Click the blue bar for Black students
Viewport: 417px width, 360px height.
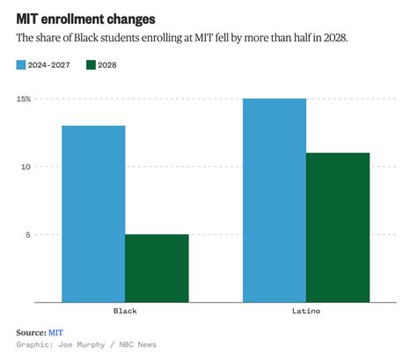point(93,214)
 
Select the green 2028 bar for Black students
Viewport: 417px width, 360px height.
point(157,268)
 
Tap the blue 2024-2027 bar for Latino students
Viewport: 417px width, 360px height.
point(274,201)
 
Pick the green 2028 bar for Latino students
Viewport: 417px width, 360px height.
point(338,228)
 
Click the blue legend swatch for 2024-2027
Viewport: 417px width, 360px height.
point(22,65)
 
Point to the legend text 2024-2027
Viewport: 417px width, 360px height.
point(52,65)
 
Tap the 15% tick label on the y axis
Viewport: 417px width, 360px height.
point(22,99)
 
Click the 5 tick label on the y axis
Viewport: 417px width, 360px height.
point(27,234)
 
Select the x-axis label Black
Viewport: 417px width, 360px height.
point(125,312)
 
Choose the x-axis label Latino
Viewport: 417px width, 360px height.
point(305,312)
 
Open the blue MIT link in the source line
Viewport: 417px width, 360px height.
point(55,332)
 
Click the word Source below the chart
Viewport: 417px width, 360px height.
point(30,332)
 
